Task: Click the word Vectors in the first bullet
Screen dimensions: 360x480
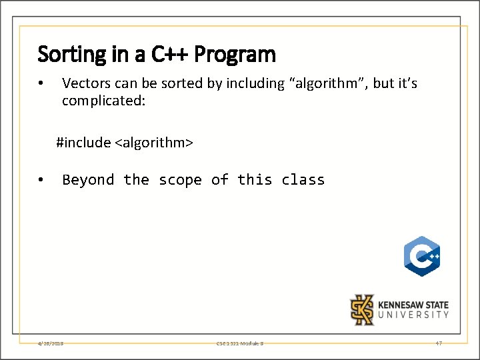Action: coord(83,83)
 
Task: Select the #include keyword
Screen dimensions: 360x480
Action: coord(83,142)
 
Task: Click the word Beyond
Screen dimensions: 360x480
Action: coord(88,180)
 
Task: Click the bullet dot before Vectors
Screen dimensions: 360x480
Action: coord(41,84)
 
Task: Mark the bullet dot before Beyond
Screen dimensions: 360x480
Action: coord(41,180)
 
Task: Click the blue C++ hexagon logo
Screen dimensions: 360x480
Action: coord(421,256)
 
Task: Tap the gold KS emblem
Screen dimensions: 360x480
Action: coord(363,309)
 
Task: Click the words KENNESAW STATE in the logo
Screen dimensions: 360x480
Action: coord(413,303)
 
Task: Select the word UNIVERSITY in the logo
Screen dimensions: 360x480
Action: coord(413,314)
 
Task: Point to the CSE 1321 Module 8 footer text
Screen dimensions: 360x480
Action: coord(240,343)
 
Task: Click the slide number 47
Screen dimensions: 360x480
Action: coord(438,343)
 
